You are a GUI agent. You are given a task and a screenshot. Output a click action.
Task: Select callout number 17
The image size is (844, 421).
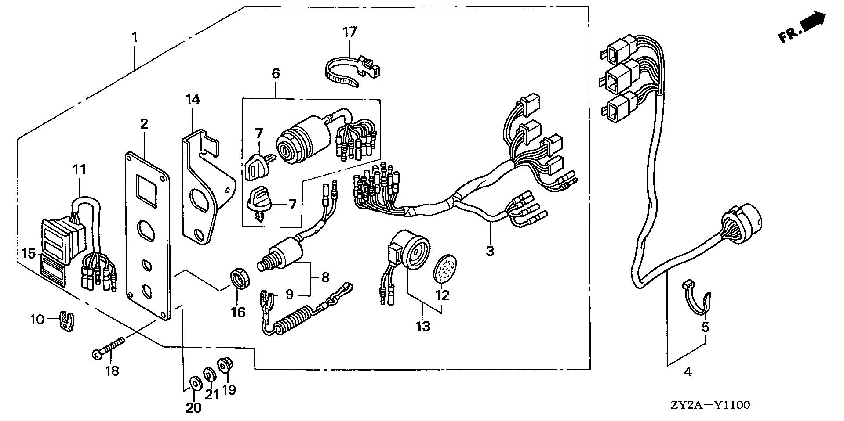tap(350, 32)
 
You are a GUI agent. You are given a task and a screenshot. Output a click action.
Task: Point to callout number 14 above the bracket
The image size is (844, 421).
tap(193, 99)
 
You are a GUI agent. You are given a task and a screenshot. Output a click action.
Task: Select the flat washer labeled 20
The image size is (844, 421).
tap(194, 382)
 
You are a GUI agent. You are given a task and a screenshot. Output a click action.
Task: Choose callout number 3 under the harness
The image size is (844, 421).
tap(490, 251)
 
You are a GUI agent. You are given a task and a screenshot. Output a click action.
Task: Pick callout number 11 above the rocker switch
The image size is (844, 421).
tap(80, 169)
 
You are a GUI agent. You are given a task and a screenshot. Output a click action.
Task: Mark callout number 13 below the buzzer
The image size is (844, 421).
tap(424, 326)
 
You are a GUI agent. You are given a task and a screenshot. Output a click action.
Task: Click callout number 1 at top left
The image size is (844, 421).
tap(135, 37)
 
